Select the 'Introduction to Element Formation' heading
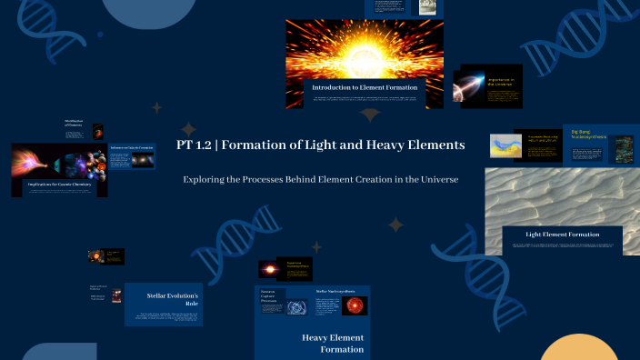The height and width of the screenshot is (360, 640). point(364,86)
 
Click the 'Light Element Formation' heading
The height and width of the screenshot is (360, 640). point(562,235)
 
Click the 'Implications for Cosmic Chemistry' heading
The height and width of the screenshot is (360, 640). point(59,185)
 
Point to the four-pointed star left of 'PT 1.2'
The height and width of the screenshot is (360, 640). point(188,129)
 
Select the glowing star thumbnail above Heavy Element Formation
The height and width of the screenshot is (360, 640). point(271,269)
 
